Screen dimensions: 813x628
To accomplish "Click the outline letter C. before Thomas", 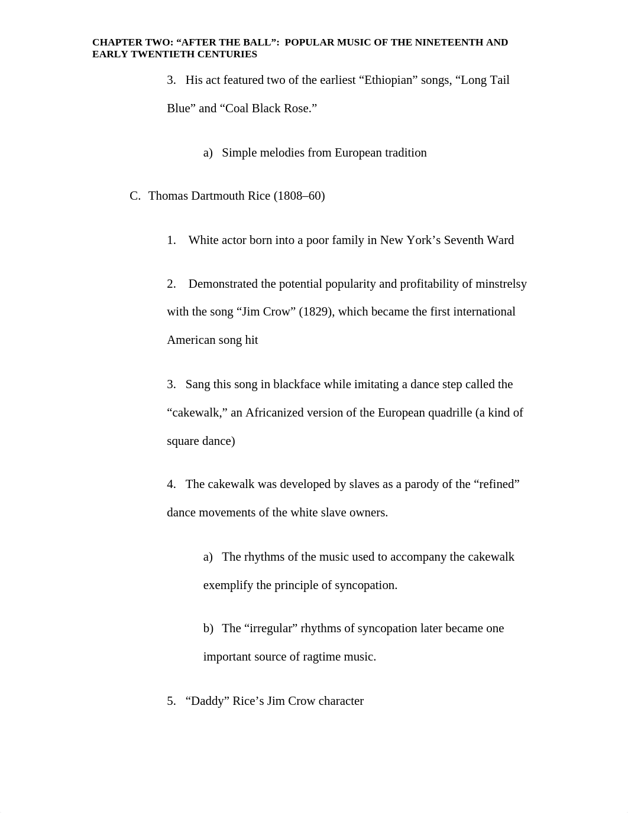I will (x=135, y=196).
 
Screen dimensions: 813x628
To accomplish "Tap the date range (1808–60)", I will (x=299, y=196).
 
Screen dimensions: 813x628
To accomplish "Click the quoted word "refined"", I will (x=496, y=484).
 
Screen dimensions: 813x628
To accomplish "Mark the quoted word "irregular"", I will (x=271, y=629).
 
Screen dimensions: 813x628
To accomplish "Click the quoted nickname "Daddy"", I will (x=207, y=701).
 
